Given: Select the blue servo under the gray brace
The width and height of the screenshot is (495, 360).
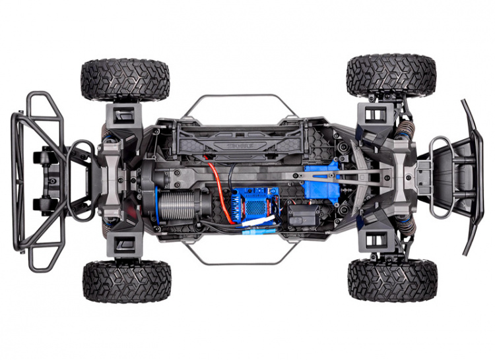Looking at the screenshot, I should coord(321,182).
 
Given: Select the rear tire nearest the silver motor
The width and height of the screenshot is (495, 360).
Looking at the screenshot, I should coord(126,280).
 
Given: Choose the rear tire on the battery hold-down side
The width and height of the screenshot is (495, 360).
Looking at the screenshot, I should coord(125,80).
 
